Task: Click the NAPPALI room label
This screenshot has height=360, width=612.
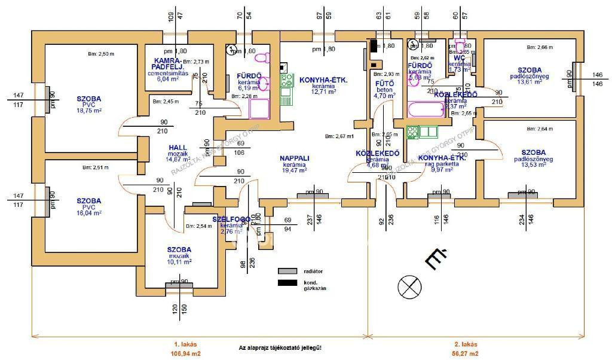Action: [294, 158]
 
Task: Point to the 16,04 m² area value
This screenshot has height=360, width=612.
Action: [89, 212]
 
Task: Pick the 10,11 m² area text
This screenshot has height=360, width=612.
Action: [179, 261]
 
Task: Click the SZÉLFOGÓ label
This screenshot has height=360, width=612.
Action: [230, 219]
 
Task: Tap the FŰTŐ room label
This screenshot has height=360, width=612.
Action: [383, 83]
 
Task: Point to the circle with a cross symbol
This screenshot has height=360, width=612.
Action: [409, 288]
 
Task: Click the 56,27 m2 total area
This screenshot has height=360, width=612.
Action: [466, 353]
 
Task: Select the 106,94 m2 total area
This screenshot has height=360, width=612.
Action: [185, 353]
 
